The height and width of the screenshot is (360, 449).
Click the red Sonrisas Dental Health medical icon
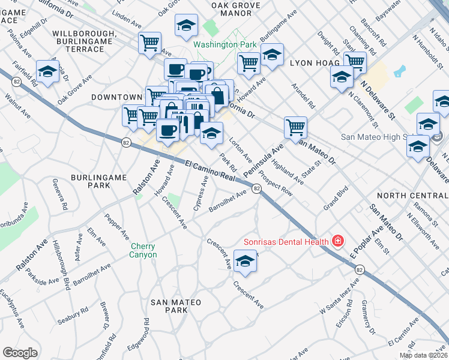[x=338, y=242]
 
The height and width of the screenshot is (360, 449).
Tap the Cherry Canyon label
[x=143, y=251]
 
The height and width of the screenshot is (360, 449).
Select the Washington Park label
[x=224, y=44]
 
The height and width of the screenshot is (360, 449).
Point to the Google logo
[x=20, y=352]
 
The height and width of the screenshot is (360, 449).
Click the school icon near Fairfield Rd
[x=47, y=72]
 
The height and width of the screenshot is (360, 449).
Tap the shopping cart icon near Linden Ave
[x=149, y=43]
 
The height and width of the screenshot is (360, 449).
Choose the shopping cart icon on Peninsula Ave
[x=295, y=127]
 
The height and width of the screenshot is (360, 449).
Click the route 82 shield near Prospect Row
[x=256, y=188]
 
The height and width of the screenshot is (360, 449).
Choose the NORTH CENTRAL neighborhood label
[x=412, y=196]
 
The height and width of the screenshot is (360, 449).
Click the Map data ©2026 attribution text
[x=423, y=355]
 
